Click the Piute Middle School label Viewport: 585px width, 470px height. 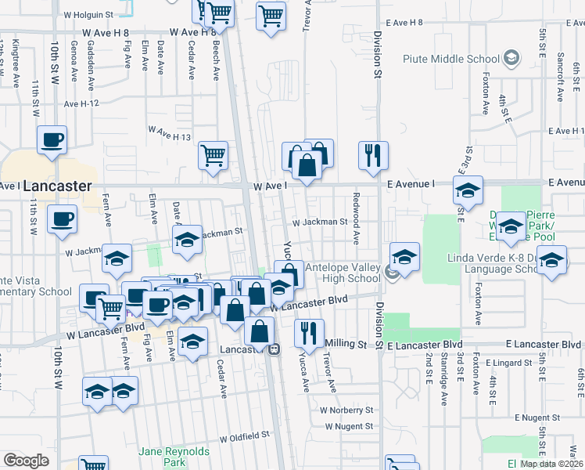[450, 59]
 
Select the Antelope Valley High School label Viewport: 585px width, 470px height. [343, 273]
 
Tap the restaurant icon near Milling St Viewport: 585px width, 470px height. [309, 333]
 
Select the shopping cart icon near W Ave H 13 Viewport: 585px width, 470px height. [213, 155]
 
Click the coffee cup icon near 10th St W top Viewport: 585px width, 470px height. [53, 139]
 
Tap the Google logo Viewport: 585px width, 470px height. [27, 461]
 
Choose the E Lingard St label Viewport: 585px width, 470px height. [507, 363]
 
